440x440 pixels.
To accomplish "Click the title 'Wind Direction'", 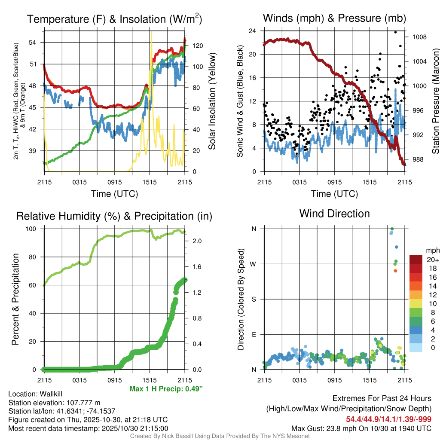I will coord(334,214).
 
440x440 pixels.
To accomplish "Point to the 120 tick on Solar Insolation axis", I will coord(192,45).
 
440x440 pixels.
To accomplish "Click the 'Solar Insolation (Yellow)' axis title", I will coord(212,101).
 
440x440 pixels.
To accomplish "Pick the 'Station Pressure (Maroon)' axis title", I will coord(435,101).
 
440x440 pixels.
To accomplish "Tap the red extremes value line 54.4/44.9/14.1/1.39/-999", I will coord(388,419).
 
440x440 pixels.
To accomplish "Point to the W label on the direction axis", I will coord(254,264).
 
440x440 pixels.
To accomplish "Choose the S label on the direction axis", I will coord(254,299).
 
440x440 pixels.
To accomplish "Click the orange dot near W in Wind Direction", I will coord(395,271).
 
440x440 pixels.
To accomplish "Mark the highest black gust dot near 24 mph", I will coord(395,32).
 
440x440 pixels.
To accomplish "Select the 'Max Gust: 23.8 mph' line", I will coord(361,428).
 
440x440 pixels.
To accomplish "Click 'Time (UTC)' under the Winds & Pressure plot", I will coord(335,194).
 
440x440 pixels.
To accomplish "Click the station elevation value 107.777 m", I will coord(82,403).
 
